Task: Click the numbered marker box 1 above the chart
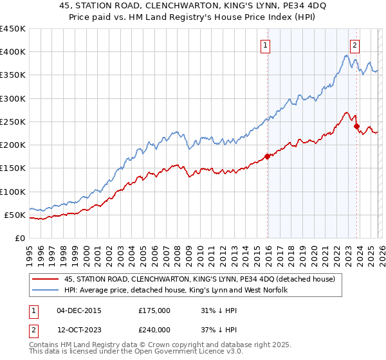pos(265,45)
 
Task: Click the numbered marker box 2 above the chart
pos(354,45)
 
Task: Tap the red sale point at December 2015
pos(268,156)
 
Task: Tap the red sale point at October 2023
pos(356,126)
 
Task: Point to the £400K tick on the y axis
pos(13,52)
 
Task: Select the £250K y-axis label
pos(13,122)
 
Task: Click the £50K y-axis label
pos(15,215)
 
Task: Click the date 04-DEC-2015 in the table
pos(79,310)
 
